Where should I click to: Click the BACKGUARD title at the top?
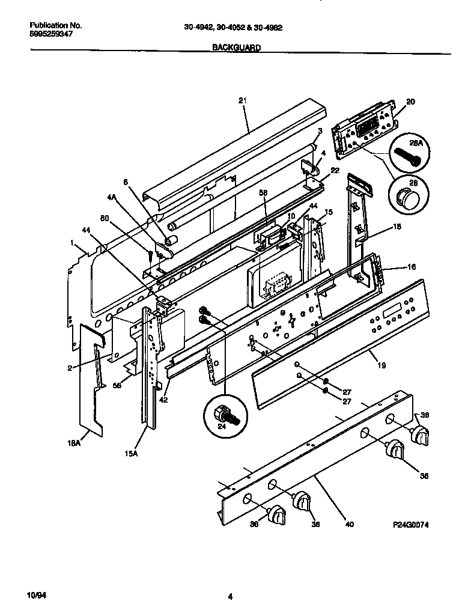click(x=236, y=47)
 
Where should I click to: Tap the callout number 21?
click(x=242, y=101)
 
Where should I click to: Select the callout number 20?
click(x=410, y=102)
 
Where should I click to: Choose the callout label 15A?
click(x=132, y=454)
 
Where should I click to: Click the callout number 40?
click(x=350, y=524)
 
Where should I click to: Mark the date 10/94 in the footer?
click(x=37, y=595)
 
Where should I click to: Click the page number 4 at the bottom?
click(x=230, y=596)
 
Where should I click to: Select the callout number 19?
click(x=381, y=365)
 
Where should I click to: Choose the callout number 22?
click(x=335, y=170)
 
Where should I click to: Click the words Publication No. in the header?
click(x=55, y=26)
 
